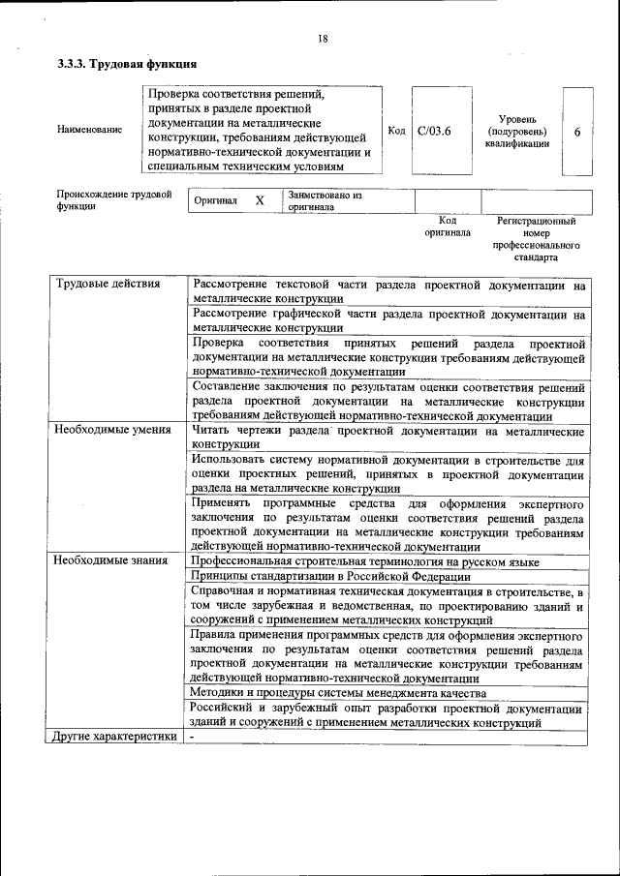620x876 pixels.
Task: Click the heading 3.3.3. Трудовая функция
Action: click(128, 65)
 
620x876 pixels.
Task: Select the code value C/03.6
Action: click(435, 131)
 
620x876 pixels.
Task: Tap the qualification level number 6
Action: click(577, 132)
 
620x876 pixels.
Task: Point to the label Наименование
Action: click(90, 131)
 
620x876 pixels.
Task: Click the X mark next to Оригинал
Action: click(260, 200)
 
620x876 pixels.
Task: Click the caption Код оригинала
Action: click(447, 227)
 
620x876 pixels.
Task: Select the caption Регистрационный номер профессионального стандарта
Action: click(536, 239)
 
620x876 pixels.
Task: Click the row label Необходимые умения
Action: click(112, 430)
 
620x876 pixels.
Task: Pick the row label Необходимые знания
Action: click(111, 560)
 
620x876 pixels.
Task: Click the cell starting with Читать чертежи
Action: click(387, 437)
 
